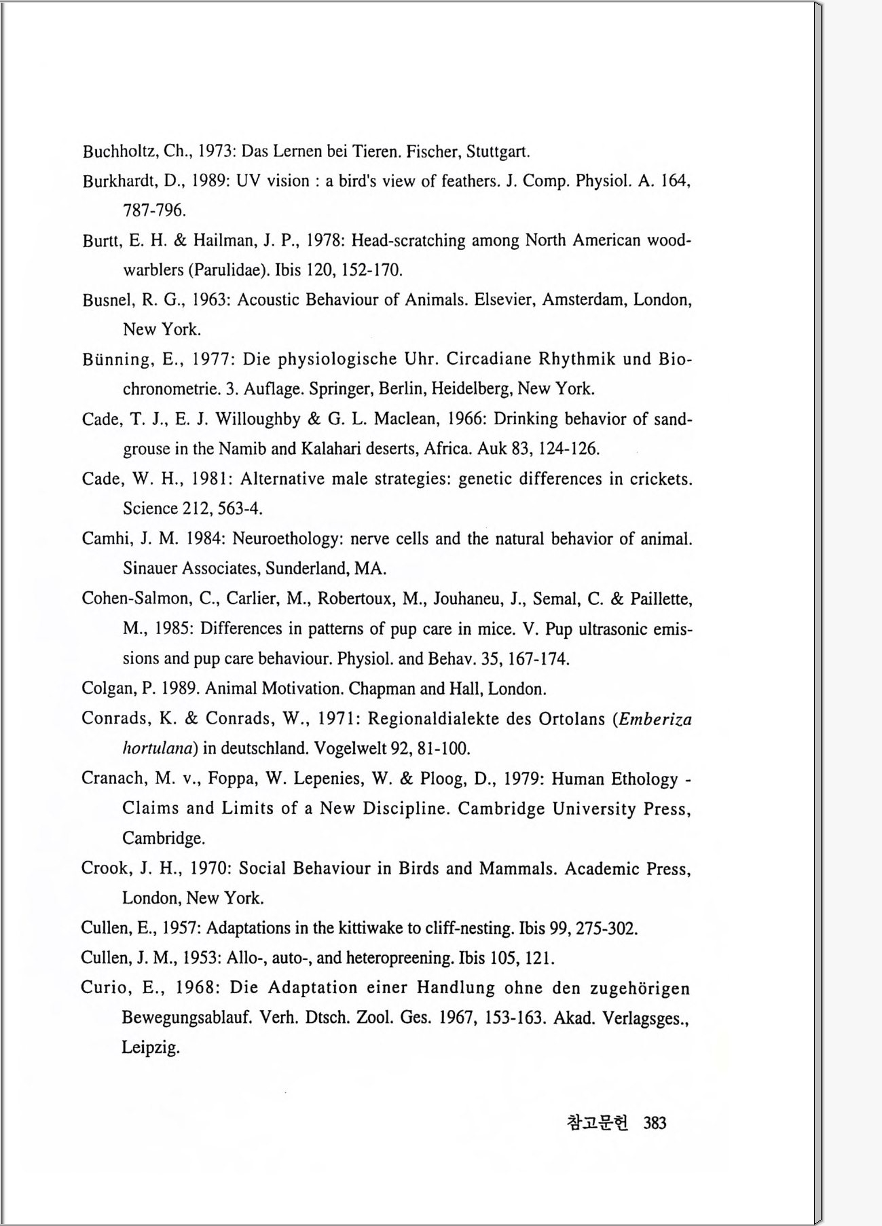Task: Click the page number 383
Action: click(655, 1123)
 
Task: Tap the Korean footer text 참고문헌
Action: click(598, 1123)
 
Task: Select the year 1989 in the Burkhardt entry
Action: click(213, 181)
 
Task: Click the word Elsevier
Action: click(502, 300)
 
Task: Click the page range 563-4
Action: click(240, 508)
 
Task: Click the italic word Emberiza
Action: click(655, 719)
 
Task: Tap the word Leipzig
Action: click(150, 1048)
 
